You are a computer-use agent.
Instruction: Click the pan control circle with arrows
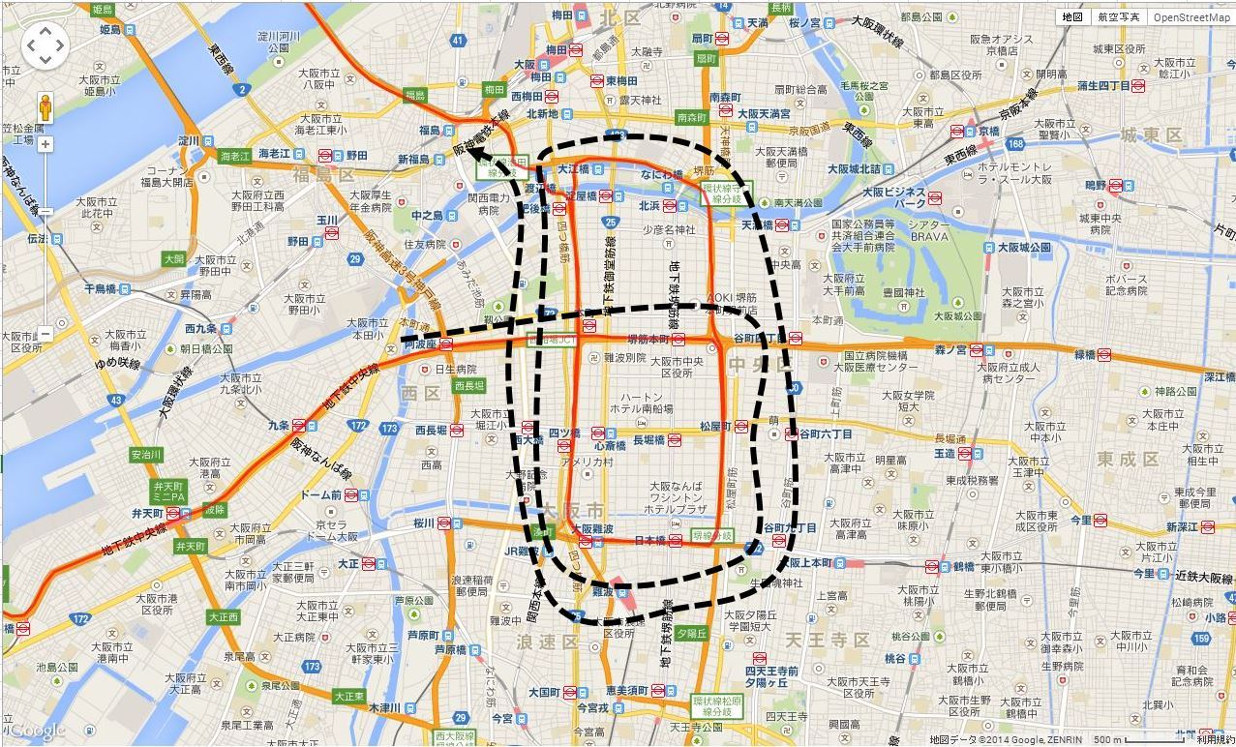point(45,45)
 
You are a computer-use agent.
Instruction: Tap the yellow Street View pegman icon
point(45,107)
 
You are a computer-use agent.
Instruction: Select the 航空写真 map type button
point(1118,17)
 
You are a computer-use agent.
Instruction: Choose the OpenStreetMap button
point(1191,17)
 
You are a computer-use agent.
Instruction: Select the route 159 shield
point(1201,638)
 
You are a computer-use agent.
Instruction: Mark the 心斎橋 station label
point(611,446)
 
